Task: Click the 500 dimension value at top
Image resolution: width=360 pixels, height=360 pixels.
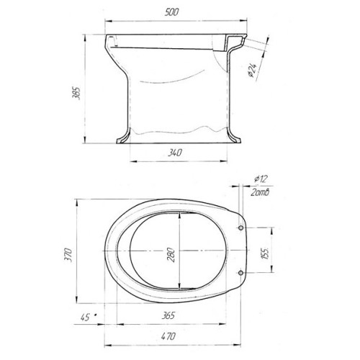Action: tap(172, 12)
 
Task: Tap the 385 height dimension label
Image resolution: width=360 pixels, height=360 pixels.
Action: tap(76, 93)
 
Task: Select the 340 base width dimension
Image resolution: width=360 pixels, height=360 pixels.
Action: tap(175, 153)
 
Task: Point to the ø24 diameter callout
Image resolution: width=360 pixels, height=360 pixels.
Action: tap(253, 71)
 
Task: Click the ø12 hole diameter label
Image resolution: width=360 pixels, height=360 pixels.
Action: tap(261, 179)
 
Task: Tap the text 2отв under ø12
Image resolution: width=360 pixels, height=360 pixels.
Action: tap(260, 192)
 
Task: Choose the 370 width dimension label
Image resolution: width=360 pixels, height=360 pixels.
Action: tap(68, 255)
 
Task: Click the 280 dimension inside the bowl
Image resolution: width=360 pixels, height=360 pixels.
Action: tap(171, 255)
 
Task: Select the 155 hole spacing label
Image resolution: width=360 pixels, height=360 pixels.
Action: tap(265, 253)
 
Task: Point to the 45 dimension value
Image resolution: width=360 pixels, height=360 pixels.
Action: tap(85, 318)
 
